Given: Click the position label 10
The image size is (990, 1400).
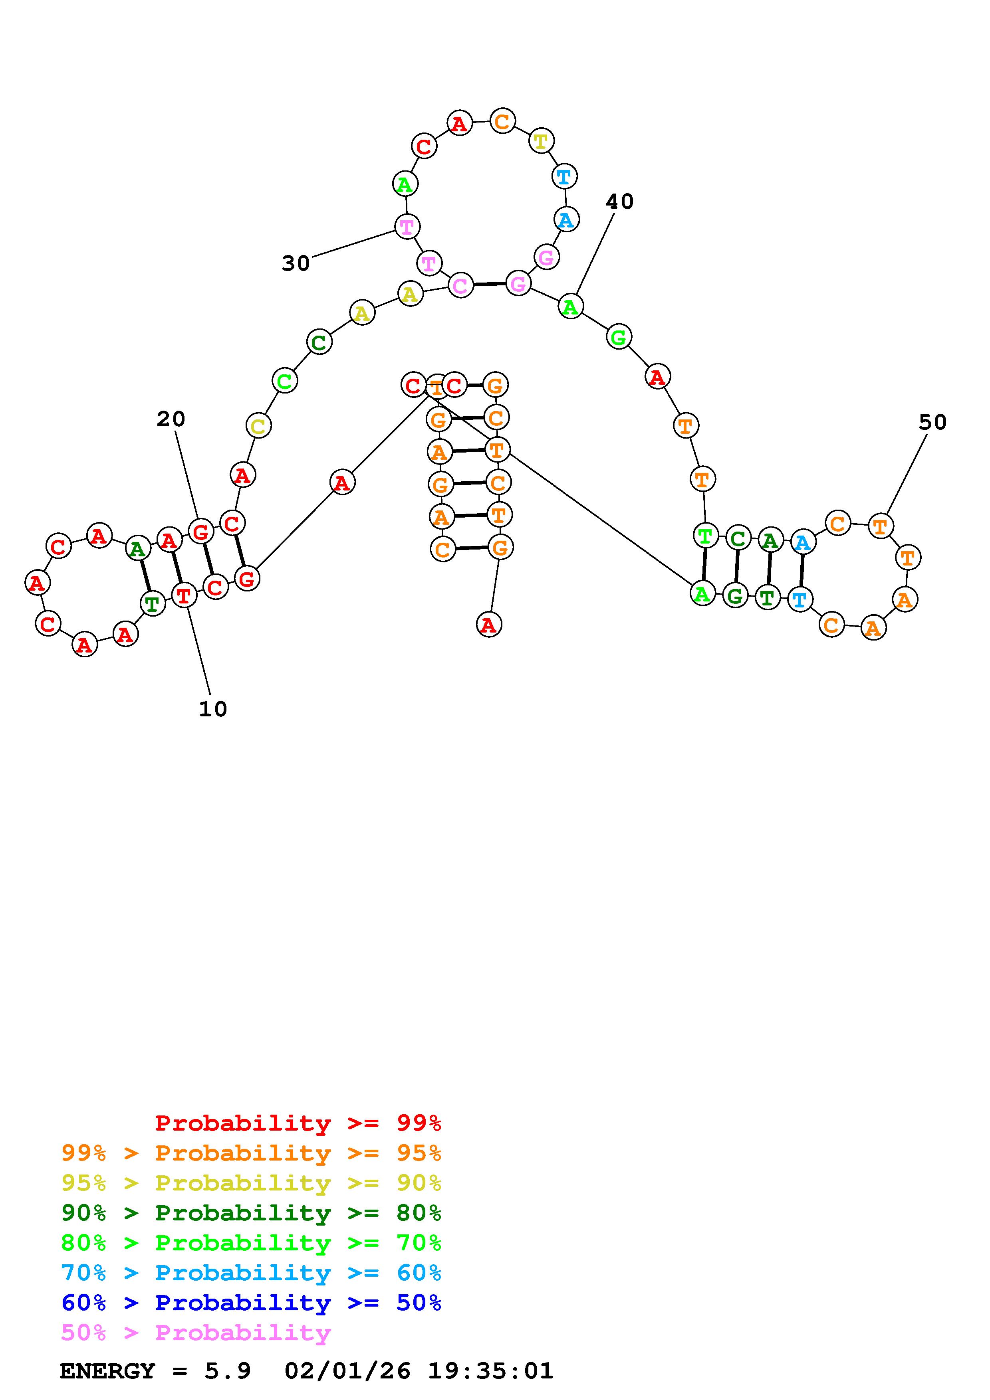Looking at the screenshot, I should click(213, 708).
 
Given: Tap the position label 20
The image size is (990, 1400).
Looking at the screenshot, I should click(171, 419).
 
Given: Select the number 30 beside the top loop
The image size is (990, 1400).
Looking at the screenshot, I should click(296, 263).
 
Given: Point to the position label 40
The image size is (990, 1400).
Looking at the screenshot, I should click(620, 201).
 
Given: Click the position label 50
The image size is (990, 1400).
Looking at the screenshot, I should click(932, 422).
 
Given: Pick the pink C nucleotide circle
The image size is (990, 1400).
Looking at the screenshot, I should click(460, 285).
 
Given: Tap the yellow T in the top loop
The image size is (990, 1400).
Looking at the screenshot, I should click(540, 141).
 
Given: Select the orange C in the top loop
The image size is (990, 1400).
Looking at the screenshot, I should click(502, 121).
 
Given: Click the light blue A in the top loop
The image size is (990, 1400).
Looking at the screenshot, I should click(566, 219).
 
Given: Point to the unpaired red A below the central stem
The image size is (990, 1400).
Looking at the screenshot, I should click(488, 625).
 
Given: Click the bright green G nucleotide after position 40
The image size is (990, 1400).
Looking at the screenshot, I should click(619, 337).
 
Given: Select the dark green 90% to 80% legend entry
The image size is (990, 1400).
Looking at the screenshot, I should click(251, 1213).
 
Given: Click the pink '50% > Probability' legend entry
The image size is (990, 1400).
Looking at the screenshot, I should click(196, 1333).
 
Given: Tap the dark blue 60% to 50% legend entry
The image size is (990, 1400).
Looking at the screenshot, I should click(251, 1303).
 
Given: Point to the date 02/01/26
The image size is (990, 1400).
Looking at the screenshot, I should click(348, 1371).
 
